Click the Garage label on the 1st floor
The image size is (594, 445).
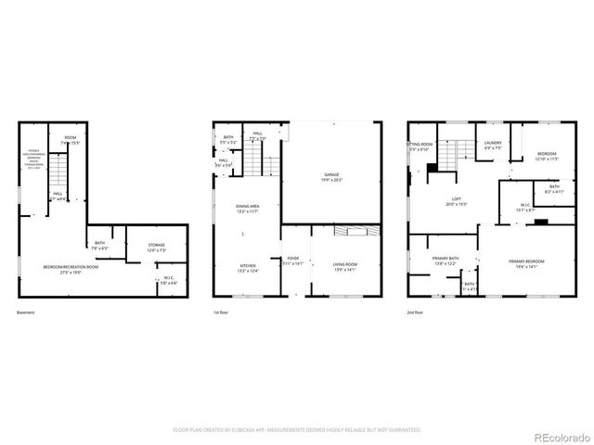pos(330,175)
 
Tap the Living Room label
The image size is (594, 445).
pos(345,266)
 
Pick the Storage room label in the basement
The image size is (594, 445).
pos(156,248)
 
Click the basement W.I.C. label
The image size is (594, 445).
pos(169,281)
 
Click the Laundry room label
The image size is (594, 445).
pos(492,145)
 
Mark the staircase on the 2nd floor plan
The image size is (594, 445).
pos(452,152)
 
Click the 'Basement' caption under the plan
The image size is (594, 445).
pos(27,312)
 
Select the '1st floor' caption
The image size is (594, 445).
pos(222,312)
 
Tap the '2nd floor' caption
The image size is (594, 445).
pos(417,312)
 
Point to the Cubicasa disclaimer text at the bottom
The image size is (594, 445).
pos(297,430)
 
